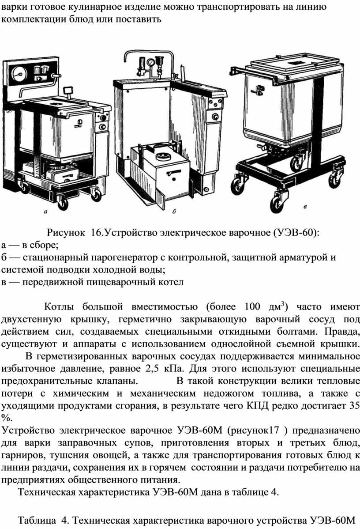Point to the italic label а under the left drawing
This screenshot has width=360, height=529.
tap(46, 212)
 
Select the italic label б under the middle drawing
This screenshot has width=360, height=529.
tap(174, 212)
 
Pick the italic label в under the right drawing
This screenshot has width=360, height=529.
tap(305, 207)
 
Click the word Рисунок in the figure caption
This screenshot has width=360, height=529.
tap(66, 233)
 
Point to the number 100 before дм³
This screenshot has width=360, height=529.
tap(252, 307)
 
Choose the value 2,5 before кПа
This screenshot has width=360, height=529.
tap(152, 368)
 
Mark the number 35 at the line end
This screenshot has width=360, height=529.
tap(354, 405)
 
